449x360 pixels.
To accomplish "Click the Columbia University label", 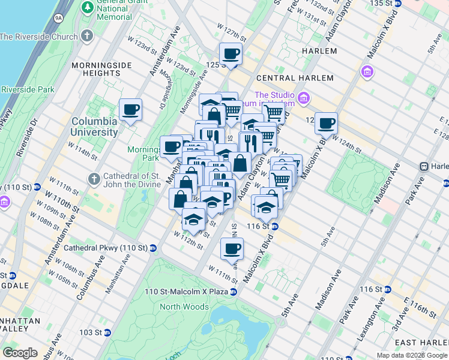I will point(94,127).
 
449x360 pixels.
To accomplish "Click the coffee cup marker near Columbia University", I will point(130,110).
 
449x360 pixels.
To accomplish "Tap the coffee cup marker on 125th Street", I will point(231,55).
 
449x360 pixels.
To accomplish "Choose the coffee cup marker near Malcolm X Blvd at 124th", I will point(326,124).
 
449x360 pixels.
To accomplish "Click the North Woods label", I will point(185,307).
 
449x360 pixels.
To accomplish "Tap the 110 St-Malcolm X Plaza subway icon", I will point(234,292).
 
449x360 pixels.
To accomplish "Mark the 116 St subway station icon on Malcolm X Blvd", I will point(274,226).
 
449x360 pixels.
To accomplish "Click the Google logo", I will point(20,353).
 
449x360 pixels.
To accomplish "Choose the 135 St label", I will point(385,4).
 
